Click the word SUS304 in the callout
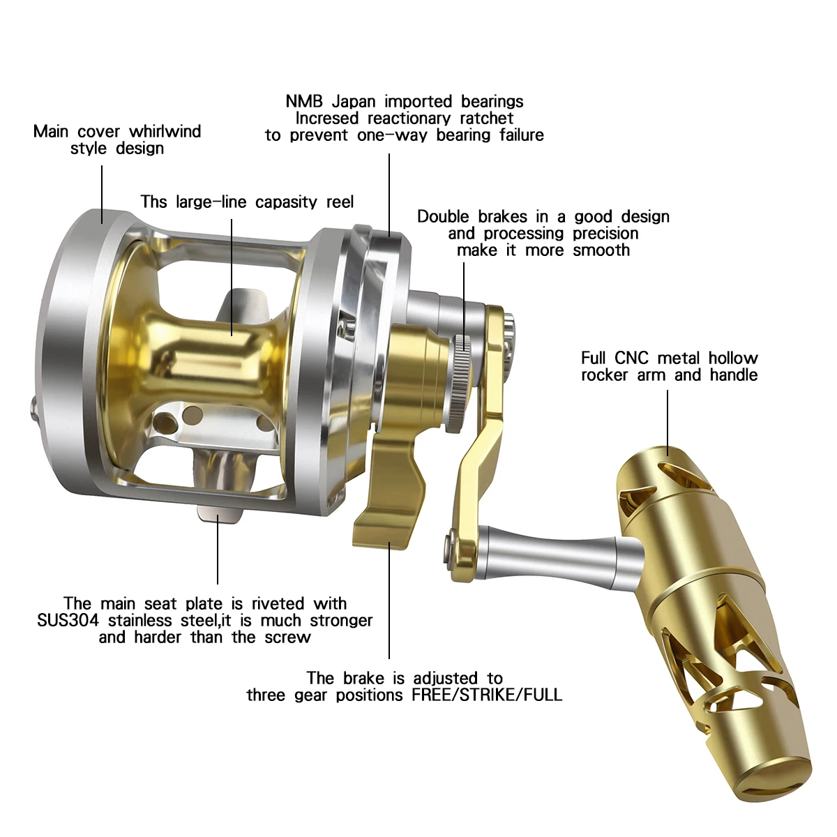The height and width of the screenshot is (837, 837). (68, 621)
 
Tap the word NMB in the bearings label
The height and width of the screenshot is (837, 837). (304, 102)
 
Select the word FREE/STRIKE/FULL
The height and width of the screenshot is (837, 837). (486, 695)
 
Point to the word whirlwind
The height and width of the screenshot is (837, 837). (165, 131)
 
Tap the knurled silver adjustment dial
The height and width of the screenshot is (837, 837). (461, 384)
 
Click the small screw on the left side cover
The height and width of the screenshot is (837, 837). (34, 409)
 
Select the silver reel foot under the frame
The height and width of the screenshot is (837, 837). (219, 514)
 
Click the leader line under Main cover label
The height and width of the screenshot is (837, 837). (102, 194)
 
